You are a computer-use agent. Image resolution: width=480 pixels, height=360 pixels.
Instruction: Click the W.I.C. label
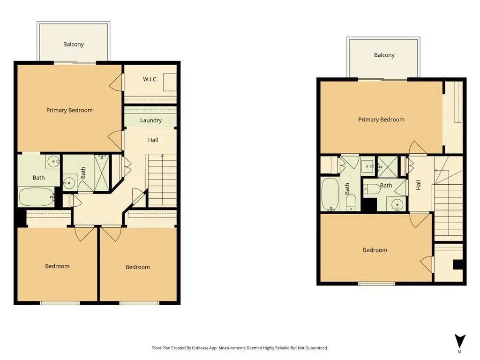click(x=150, y=79)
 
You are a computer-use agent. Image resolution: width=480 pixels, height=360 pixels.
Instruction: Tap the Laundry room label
click(x=151, y=120)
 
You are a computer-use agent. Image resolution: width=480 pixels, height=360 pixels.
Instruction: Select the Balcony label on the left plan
click(x=74, y=45)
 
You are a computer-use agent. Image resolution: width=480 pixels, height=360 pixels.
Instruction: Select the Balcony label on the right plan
click(x=384, y=55)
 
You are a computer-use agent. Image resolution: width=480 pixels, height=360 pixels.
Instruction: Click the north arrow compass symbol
click(x=460, y=341)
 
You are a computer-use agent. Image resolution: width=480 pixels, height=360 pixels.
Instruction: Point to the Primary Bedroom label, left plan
click(x=69, y=110)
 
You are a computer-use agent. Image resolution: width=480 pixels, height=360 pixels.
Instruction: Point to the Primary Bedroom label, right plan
click(x=382, y=120)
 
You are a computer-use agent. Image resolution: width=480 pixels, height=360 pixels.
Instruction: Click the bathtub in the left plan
click(x=37, y=197)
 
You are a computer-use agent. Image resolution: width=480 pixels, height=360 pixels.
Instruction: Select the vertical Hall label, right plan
click(x=418, y=185)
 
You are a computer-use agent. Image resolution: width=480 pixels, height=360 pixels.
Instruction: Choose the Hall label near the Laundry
click(x=153, y=140)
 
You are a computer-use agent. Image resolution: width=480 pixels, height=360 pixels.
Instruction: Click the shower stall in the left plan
click(x=101, y=173)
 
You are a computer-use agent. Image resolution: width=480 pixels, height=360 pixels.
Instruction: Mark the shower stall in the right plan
click(x=388, y=167)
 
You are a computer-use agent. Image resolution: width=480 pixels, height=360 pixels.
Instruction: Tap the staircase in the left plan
click(x=162, y=180)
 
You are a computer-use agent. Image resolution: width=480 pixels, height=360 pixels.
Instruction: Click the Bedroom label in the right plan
click(x=375, y=250)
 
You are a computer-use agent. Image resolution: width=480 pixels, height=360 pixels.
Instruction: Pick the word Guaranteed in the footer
click(x=317, y=348)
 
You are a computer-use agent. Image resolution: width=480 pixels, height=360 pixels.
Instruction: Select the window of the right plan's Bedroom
click(x=376, y=284)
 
